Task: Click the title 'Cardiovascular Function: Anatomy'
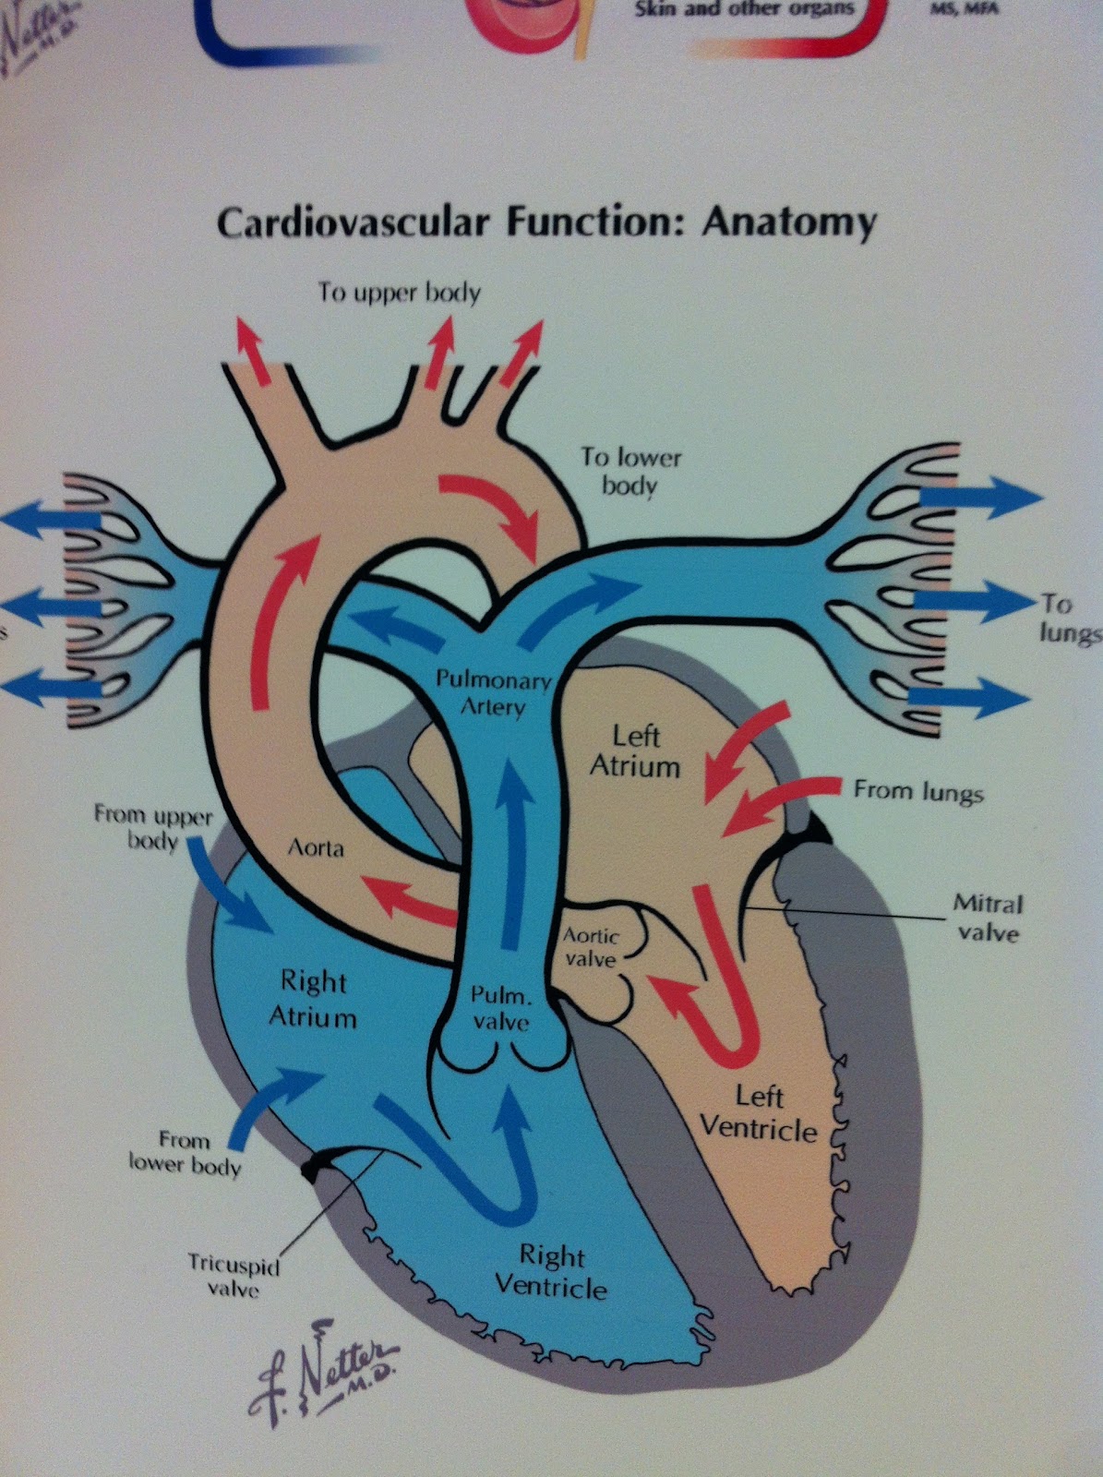click(x=546, y=223)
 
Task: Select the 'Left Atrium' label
click(x=635, y=751)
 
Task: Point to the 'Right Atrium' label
click(x=312, y=998)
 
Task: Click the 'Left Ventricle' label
click(x=759, y=1113)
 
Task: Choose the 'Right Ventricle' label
click(x=551, y=1270)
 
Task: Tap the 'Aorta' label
click(x=316, y=847)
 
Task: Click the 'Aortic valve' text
click(x=591, y=947)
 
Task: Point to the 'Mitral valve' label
click(x=988, y=919)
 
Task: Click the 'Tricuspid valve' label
click(x=234, y=1275)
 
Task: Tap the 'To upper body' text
click(x=400, y=294)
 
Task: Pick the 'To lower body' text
click(x=630, y=470)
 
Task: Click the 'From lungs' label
click(x=917, y=791)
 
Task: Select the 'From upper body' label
click(x=153, y=827)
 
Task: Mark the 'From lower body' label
click(x=185, y=1152)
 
